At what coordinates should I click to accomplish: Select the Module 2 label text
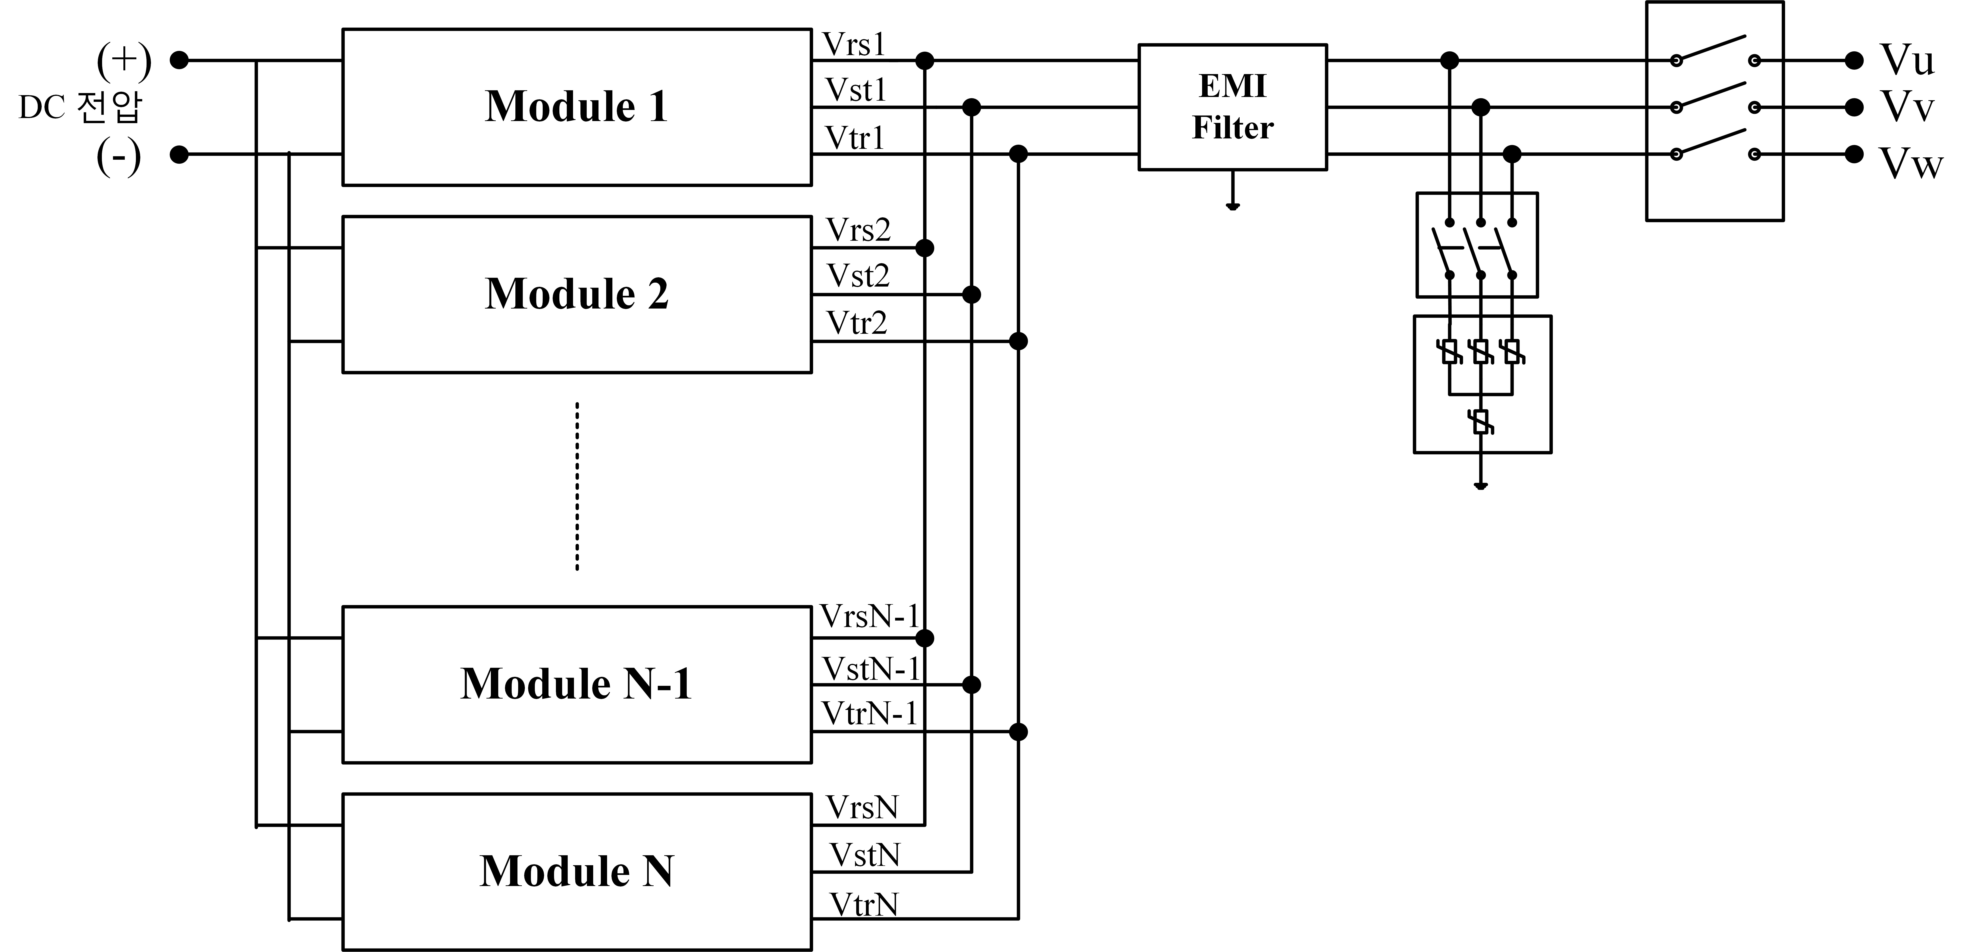click(x=577, y=294)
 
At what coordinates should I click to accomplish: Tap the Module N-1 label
click(x=577, y=684)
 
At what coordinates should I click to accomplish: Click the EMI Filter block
click(x=1232, y=107)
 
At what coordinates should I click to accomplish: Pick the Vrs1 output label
click(x=853, y=45)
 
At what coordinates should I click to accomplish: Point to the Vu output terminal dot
click(x=1854, y=60)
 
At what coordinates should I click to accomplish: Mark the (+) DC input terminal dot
click(x=179, y=60)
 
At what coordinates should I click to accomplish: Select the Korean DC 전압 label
click(x=80, y=108)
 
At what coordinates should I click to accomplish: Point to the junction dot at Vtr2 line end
click(x=1018, y=341)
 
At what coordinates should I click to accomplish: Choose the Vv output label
click(x=1907, y=106)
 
